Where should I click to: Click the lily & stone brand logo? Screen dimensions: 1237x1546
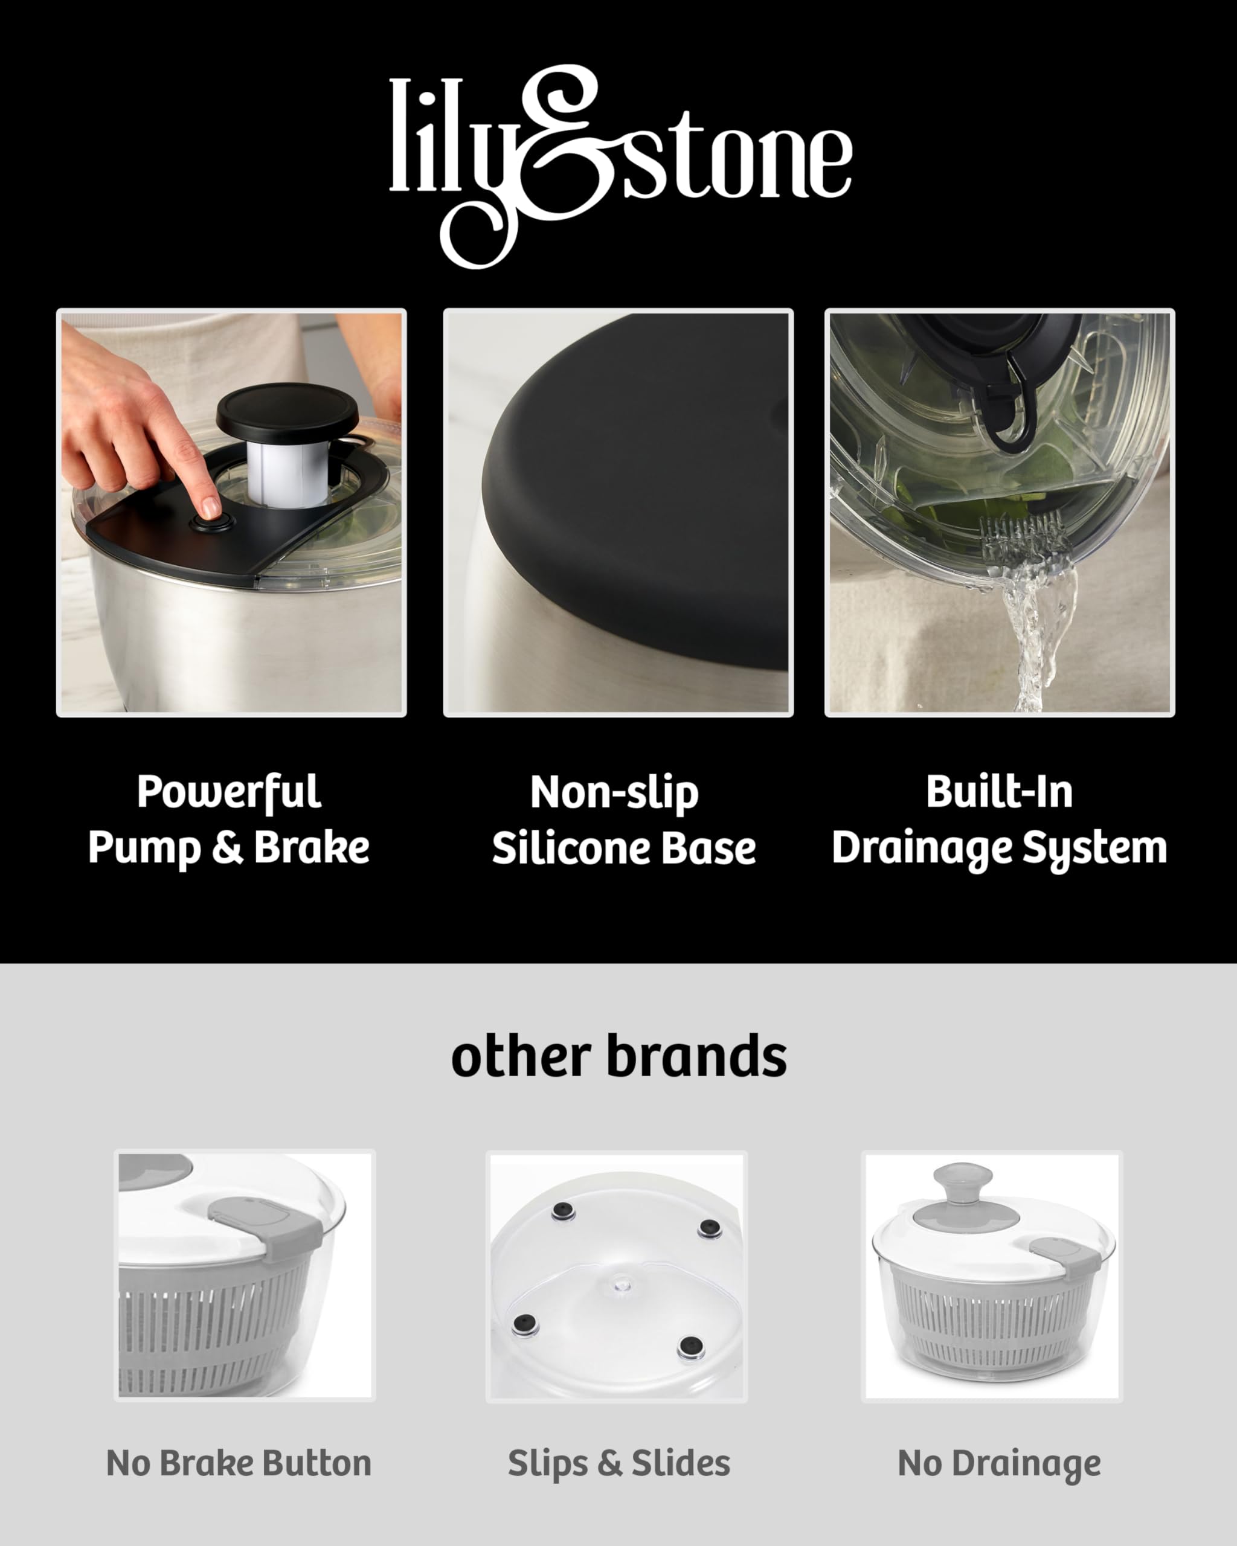tap(620, 166)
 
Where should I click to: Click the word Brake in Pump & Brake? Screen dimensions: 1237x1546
tap(311, 847)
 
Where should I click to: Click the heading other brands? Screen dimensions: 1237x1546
tap(619, 1056)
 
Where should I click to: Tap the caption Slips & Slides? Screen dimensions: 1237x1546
tap(619, 1464)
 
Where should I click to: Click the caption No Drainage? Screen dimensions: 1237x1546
tap(999, 1465)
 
